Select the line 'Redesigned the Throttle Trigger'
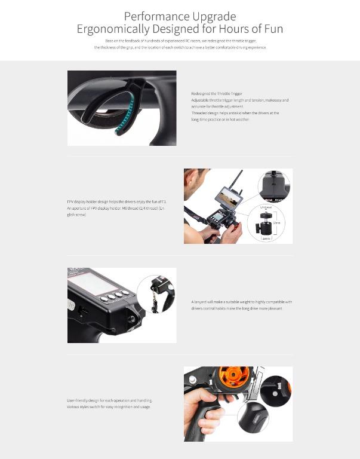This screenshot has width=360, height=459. coord(217,94)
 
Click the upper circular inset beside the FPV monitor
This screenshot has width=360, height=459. coord(275,186)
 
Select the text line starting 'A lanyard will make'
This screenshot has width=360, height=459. coord(241,302)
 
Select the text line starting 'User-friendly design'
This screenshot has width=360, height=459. coord(109,400)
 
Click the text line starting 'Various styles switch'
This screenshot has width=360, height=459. coord(109,406)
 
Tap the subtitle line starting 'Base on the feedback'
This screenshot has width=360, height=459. coord(179,41)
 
